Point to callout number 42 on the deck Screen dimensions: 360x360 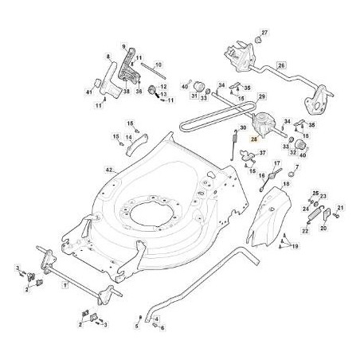(111, 170)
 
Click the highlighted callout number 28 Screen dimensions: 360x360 (255, 138)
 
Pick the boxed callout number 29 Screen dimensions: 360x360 (260, 96)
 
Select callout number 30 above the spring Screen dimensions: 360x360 (243, 128)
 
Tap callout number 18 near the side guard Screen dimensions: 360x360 (286, 184)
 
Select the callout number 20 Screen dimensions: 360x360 (323, 228)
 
